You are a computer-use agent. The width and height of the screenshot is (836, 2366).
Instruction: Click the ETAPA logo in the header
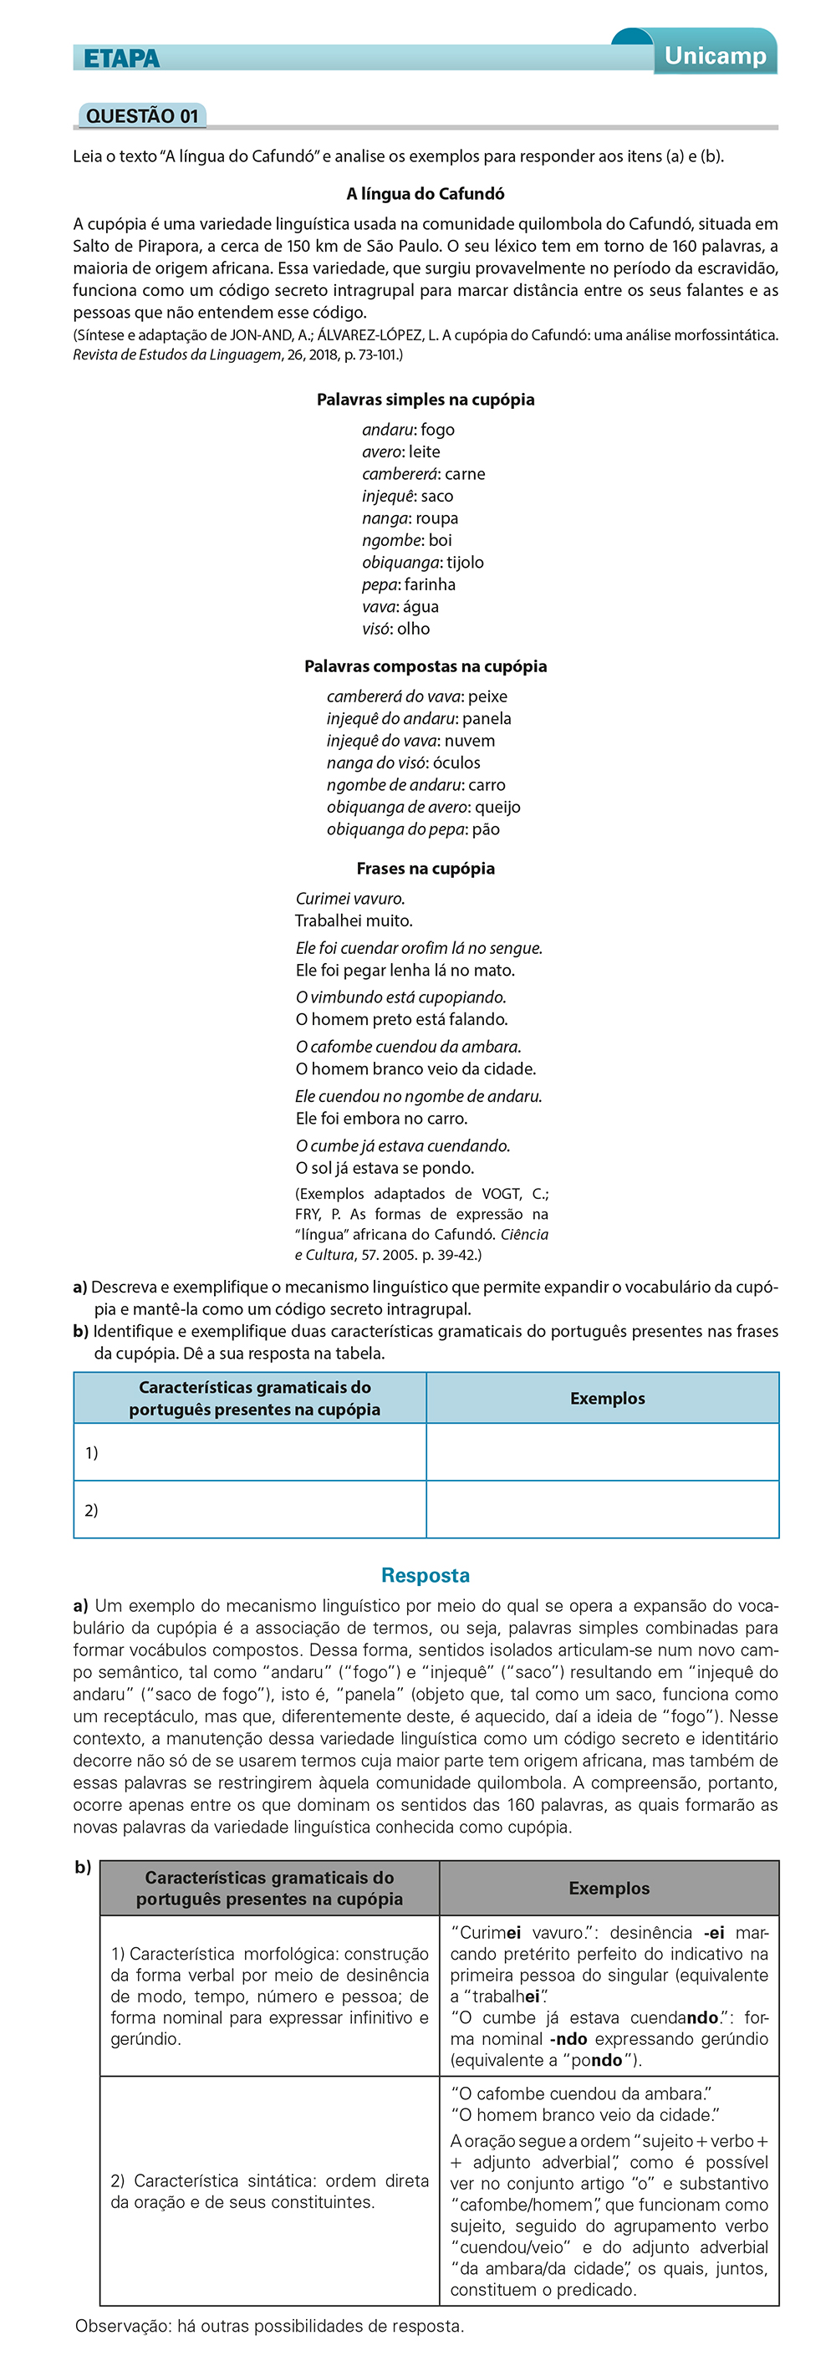121,59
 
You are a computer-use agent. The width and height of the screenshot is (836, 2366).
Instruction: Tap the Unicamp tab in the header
715,56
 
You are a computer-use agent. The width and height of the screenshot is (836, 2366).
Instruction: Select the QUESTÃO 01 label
142,115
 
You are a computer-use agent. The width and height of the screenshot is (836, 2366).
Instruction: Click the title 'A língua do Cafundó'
426,194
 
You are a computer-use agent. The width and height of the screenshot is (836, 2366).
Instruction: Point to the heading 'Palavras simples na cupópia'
426,400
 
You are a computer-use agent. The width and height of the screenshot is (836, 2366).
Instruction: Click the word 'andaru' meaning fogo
387,430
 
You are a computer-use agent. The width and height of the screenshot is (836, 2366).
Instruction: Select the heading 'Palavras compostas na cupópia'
426,667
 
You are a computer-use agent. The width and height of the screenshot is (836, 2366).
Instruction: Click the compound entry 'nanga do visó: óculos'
403,763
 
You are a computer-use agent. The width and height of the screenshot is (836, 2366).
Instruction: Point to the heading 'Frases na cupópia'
426,869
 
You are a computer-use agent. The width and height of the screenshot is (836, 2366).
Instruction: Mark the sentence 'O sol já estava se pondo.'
385,1168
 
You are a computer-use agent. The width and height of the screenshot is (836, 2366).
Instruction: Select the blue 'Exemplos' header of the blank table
607,1399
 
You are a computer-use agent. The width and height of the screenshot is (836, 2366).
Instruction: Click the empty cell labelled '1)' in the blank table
250,1452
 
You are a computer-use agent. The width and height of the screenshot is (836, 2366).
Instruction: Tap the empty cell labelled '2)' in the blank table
250,1510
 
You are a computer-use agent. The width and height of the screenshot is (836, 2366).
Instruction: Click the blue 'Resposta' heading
426,1575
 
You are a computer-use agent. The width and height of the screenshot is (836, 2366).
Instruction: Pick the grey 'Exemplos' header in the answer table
609,1889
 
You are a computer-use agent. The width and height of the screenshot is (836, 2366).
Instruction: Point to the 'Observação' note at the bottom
269,2327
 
